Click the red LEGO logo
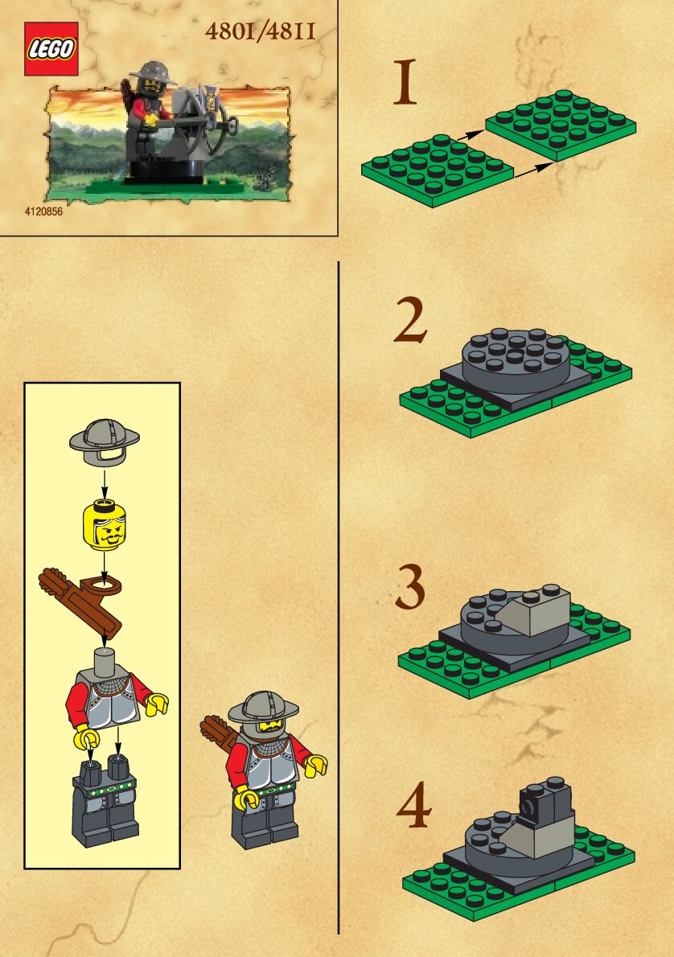click(51, 49)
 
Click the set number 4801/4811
click(261, 31)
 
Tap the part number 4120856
click(43, 212)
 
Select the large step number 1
click(405, 81)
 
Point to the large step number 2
click(410, 320)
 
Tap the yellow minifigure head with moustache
click(105, 524)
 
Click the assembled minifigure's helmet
click(264, 708)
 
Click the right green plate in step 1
click(561, 125)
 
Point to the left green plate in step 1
click(437, 170)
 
